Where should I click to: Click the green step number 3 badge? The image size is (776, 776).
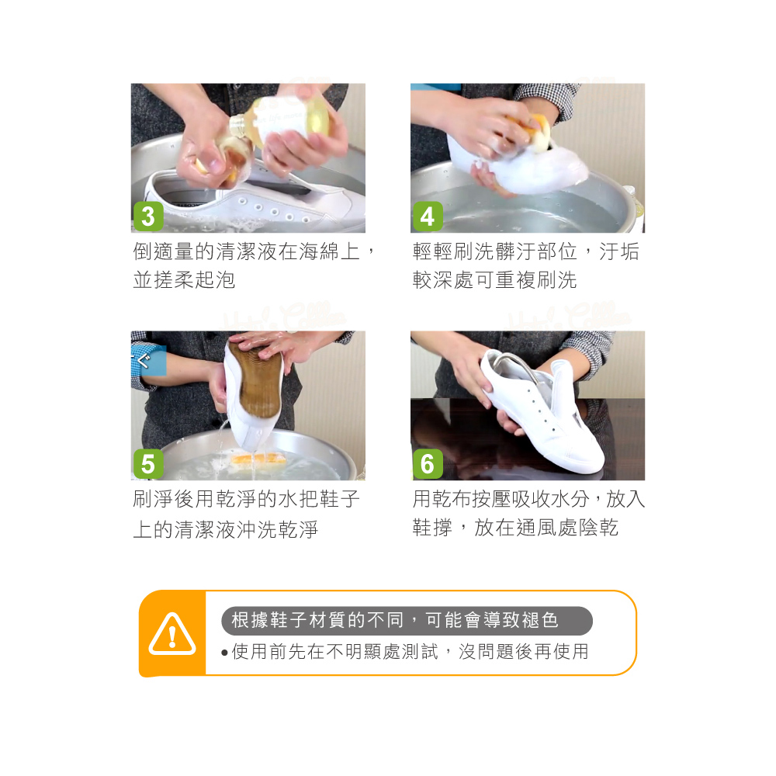coord(148,217)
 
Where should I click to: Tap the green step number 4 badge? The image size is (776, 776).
coord(428,217)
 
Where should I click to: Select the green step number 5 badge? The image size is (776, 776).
coord(148,464)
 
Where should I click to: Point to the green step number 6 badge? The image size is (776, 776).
coord(428,464)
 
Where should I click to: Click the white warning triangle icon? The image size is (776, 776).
coord(172,634)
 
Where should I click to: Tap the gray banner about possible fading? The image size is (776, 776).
coord(407,621)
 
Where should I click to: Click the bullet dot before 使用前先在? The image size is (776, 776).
coord(225,653)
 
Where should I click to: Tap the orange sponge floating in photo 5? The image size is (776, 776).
coord(259,459)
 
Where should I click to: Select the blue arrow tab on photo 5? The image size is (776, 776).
coord(147,361)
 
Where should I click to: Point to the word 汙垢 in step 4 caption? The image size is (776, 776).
coord(619,251)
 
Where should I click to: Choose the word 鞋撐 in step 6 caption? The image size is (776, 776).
coord(432,528)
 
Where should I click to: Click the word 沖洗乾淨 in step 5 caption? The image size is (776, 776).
coord(278,529)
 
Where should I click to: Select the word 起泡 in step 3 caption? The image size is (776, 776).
coord(215,280)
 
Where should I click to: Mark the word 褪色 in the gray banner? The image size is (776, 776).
coord(540,620)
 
